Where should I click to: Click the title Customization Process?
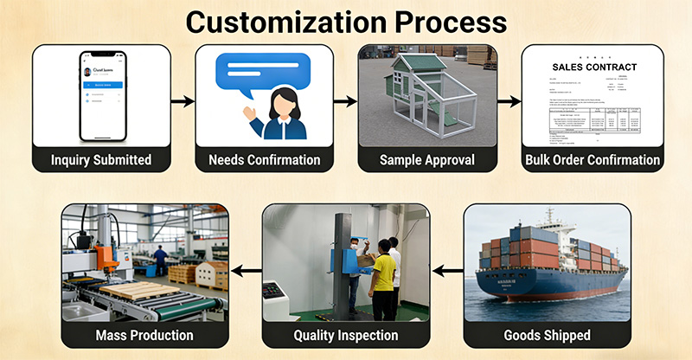(x=346, y=22)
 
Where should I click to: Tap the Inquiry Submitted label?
(x=101, y=159)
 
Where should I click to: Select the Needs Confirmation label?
(x=264, y=159)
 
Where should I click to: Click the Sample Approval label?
(x=427, y=159)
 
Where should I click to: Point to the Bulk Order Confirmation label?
(x=593, y=159)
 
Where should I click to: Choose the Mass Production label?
(x=144, y=335)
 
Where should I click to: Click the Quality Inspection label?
(x=346, y=335)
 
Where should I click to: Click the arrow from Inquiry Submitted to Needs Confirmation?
(x=183, y=101)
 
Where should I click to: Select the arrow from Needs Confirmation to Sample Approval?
(x=346, y=101)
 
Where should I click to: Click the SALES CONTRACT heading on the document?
(x=593, y=67)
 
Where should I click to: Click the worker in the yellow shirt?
(x=383, y=273)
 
